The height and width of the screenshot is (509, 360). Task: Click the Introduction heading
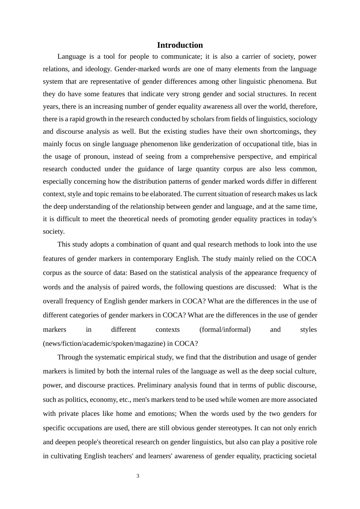(x=180, y=45)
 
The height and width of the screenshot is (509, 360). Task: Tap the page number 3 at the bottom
(x=138, y=476)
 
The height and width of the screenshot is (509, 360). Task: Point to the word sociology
(x=303, y=119)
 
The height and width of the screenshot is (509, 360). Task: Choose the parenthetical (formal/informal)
(x=225, y=329)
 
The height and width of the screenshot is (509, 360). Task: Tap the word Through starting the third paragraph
(x=69, y=357)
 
